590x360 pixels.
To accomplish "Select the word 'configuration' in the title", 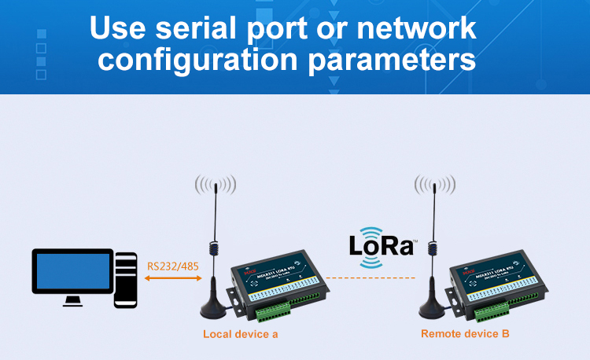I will (x=208, y=59).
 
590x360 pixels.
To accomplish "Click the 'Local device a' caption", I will (x=241, y=334).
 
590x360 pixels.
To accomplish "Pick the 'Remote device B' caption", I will (x=465, y=334).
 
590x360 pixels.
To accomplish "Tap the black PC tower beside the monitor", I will (x=126, y=279).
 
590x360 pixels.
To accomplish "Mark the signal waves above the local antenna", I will (x=216, y=186).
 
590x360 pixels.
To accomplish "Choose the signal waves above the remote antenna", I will (x=435, y=186).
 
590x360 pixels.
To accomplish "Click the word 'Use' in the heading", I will (x=119, y=28).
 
